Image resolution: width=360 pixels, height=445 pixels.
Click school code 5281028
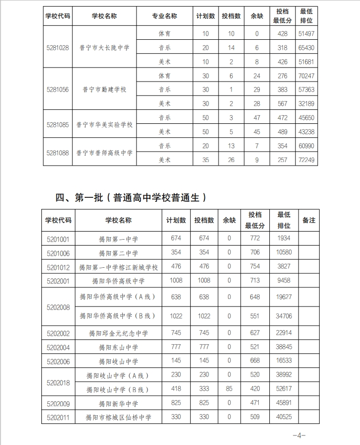point(57,48)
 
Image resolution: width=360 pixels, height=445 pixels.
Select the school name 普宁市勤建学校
point(104,90)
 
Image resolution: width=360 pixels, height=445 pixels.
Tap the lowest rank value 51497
point(306,34)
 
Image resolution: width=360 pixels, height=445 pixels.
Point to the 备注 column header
point(309,220)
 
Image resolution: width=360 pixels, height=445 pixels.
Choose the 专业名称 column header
point(165,16)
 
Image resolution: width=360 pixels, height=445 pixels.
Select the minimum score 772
point(255,238)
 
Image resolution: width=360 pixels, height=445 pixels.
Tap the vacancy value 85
point(229,389)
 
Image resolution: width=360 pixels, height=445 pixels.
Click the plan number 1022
point(176,316)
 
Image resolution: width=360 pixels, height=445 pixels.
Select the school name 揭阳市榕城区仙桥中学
point(118,417)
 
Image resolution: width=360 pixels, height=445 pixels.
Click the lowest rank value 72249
point(306,160)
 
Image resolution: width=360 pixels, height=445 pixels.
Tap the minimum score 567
point(282,104)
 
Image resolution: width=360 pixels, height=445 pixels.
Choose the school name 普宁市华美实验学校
point(104,124)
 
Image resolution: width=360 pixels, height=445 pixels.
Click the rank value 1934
point(284,238)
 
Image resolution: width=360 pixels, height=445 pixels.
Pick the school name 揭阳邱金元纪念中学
point(118,333)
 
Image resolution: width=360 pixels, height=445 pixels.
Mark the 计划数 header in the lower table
point(176,220)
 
